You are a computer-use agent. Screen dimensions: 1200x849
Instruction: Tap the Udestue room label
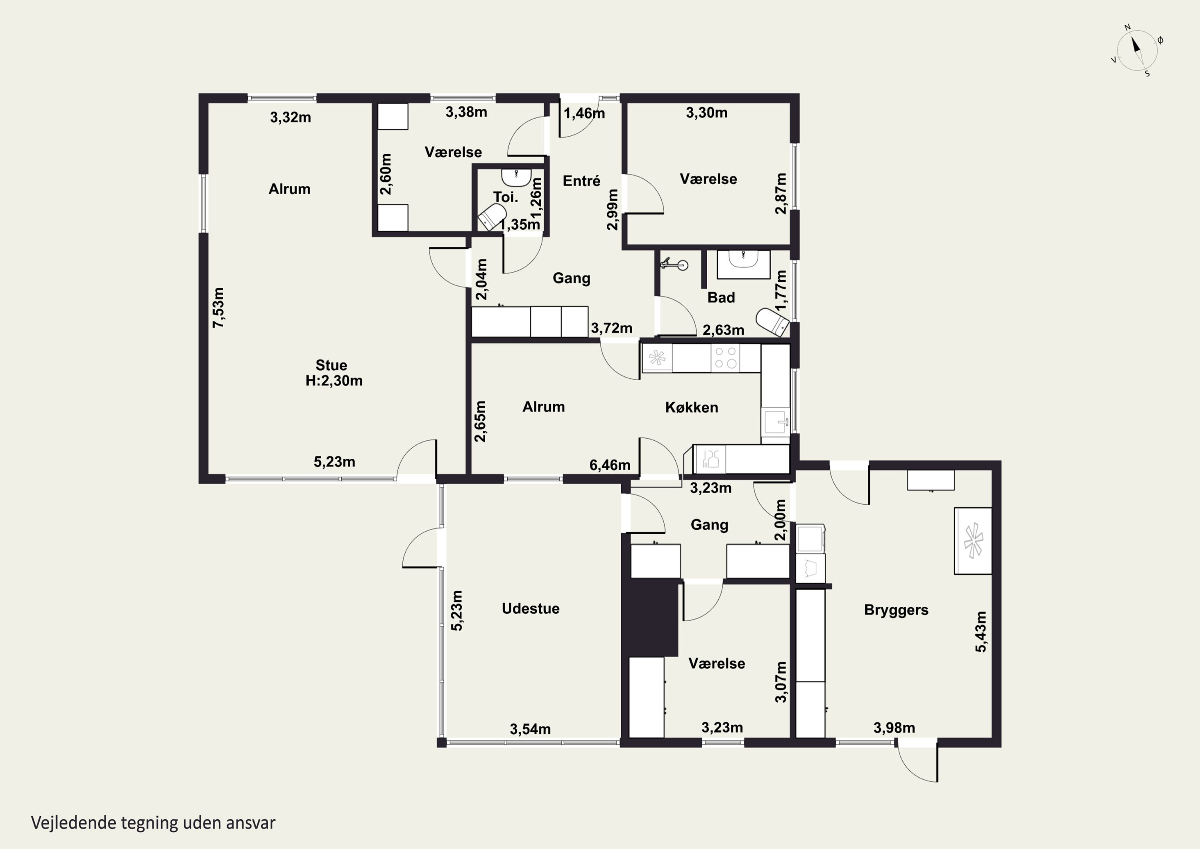[x=530, y=608]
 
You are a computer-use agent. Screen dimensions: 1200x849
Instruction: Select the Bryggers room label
[x=896, y=610]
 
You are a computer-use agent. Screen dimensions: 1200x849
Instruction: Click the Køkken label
[x=692, y=407]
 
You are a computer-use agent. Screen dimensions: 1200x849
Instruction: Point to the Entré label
[x=581, y=181]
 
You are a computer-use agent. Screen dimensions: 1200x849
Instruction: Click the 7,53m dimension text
[x=218, y=307]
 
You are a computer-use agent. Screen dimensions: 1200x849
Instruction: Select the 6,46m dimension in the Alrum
[x=610, y=465]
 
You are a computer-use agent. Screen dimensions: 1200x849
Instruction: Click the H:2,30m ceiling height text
[x=334, y=381]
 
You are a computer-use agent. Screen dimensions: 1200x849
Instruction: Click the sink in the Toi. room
[x=516, y=177]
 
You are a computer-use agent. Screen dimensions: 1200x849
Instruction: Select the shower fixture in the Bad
[x=675, y=264]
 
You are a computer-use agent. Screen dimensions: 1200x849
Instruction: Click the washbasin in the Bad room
[x=743, y=264]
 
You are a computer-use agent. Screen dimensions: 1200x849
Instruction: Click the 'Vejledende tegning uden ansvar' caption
[x=153, y=822]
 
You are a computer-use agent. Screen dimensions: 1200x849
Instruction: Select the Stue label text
[x=331, y=365]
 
